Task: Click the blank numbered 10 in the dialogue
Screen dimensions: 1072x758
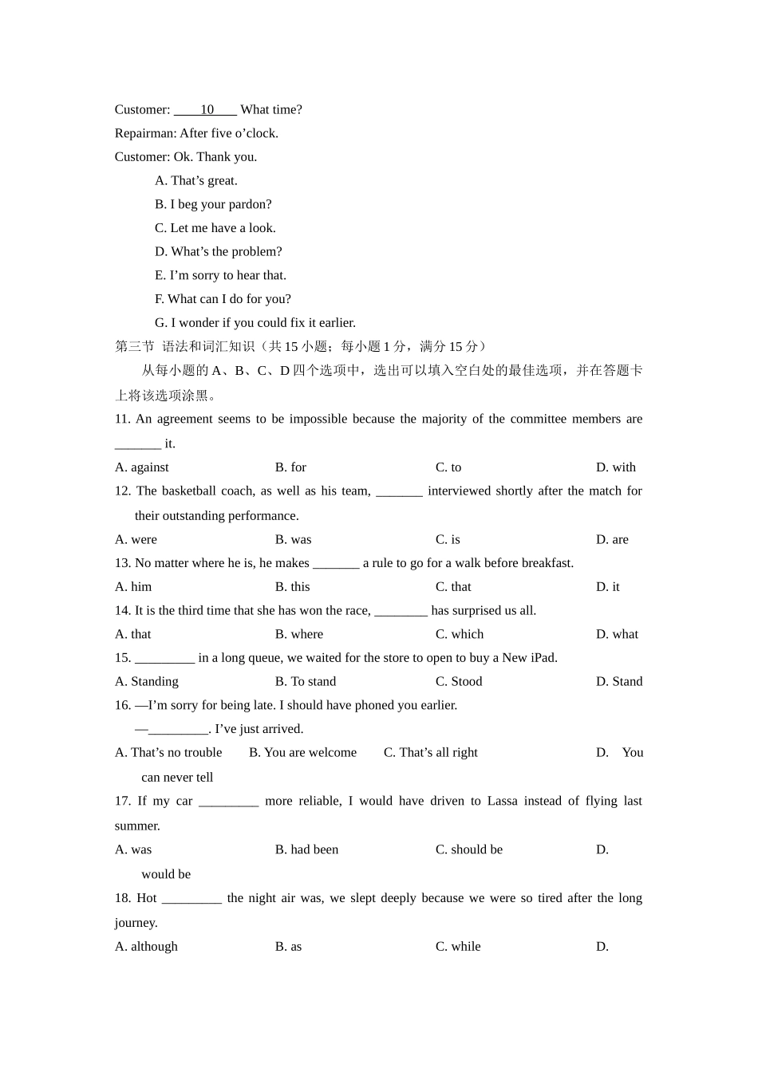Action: pyautogui.click(x=206, y=110)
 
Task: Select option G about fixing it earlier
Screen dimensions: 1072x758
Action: pyautogui.click(x=255, y=323)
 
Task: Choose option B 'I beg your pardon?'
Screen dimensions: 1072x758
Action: pyautogui.click(x=213, y=204)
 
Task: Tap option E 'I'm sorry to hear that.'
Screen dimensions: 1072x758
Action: pyautogui.click(x=220, y=275)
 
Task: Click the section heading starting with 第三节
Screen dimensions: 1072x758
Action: pyautogui.click(x=300, y=346)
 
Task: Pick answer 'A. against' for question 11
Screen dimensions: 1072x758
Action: pyautogui.click(x=142, y=467)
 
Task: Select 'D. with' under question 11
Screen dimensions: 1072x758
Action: pyautogui.click(x=615, y=467)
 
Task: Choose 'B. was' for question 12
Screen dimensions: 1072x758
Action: pyautogui.click(x=293, y=539)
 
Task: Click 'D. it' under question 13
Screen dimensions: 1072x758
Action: pyautogui.click(x=607, y=587)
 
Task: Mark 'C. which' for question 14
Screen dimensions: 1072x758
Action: pyautogui.click(x=459, y=634)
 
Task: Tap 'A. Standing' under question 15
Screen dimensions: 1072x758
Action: pyautogui.click(x=147, y=681)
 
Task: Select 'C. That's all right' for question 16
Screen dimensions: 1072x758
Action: pyautogui.click(x=430, y=752)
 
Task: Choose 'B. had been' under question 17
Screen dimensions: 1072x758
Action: pyautogui.click(x=306, y=849)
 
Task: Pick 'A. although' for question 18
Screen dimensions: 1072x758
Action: pyautogui.click(x=146, y=947)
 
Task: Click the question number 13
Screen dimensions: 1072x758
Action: pyautogui.click(x=122, y=563)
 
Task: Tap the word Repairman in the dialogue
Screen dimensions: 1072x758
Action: pyautogui.click(x=144, y=133)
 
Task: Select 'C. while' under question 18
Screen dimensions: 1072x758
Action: pyautogui.click(x=458, y=947)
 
